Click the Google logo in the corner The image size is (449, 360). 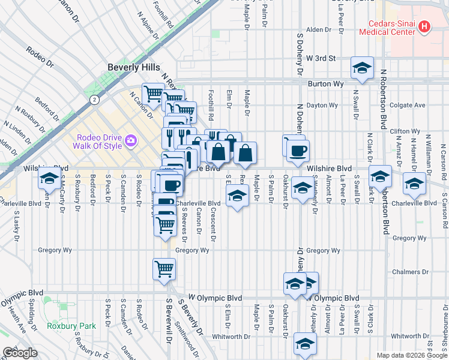19,352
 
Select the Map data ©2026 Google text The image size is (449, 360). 411,355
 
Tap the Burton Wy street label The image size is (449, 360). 321,85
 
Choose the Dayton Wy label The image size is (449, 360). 322,105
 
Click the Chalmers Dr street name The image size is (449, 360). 409,272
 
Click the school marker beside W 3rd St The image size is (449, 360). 363,68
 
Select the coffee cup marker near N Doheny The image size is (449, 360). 298,151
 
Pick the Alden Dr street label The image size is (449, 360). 319,29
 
